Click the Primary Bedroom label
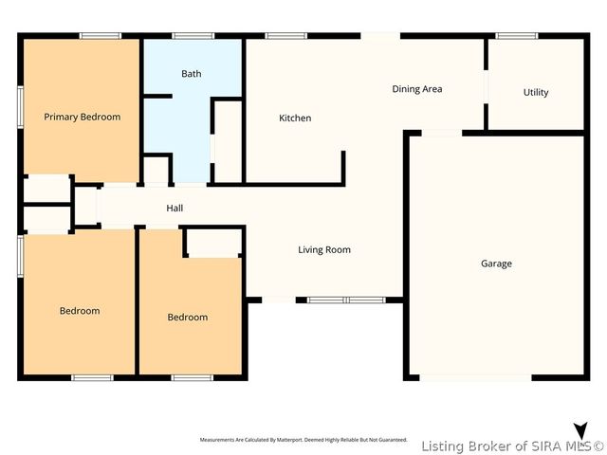[x=83, y=117]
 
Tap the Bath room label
[x=192, y=74]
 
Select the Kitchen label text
[x=295, y=118]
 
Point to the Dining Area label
[x=417, y=89]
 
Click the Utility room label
[x=536, y=93]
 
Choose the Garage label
[x=496, y=264]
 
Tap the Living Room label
[x=324, y=250]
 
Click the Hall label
[x=175, y=209]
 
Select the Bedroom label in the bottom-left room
[x=80, y=311]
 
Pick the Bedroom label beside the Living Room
[x=188, y=318]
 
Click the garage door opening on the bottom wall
[x=475, y=378]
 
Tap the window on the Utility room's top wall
[x=517, y=37]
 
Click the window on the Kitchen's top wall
[x=279, y=37]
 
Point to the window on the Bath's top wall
[x=193, y=37]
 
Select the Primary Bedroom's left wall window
[x=20, y=102]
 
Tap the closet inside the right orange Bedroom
[x=213, y=244]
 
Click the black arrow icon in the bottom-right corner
[x=580, y=431]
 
